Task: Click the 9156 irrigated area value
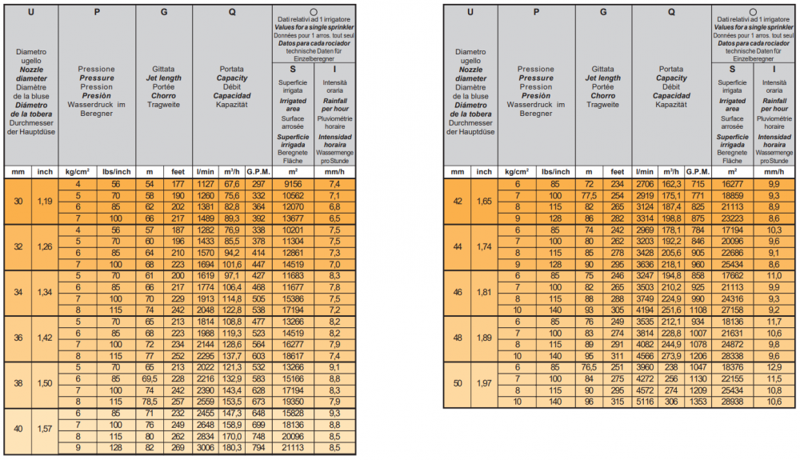291,183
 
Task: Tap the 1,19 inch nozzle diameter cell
45,200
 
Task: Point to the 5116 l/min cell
646,401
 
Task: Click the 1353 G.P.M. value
698,401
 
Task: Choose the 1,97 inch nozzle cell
485,384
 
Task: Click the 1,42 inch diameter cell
45,338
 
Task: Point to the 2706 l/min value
646,183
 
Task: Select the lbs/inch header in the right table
555,171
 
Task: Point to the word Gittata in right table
603,70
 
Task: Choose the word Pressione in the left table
96,70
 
